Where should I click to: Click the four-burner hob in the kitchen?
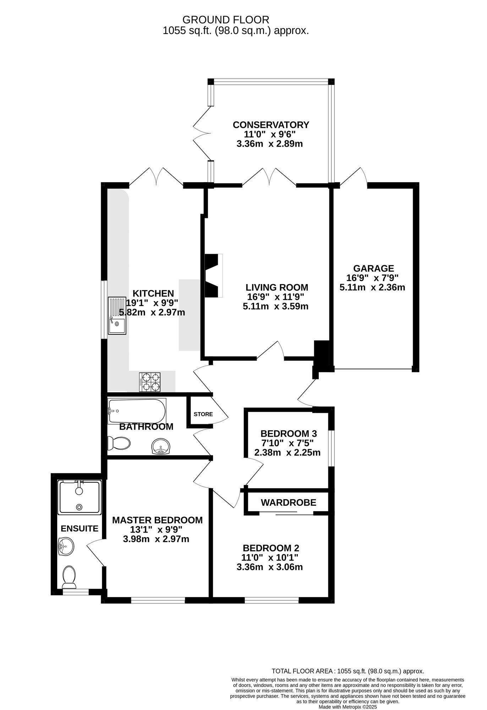point(149,382)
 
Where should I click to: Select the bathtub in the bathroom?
point(137,411)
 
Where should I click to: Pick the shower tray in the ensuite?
point(80,497)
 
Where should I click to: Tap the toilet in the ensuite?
point(69,577)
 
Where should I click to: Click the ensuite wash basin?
point(66,546)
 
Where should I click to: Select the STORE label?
point(203,414)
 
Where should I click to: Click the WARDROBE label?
point(288,503)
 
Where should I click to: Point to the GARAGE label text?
point(373,269)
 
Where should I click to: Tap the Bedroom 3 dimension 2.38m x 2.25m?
point(287,453)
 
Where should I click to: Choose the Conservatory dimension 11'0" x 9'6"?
point(269,135)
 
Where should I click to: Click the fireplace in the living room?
point(213,275)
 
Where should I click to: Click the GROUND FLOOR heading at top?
point(226,20)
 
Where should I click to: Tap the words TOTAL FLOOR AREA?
point(302,671)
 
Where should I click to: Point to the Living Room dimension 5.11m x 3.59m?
point(275,306)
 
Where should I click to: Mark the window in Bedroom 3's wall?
point(331,448)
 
